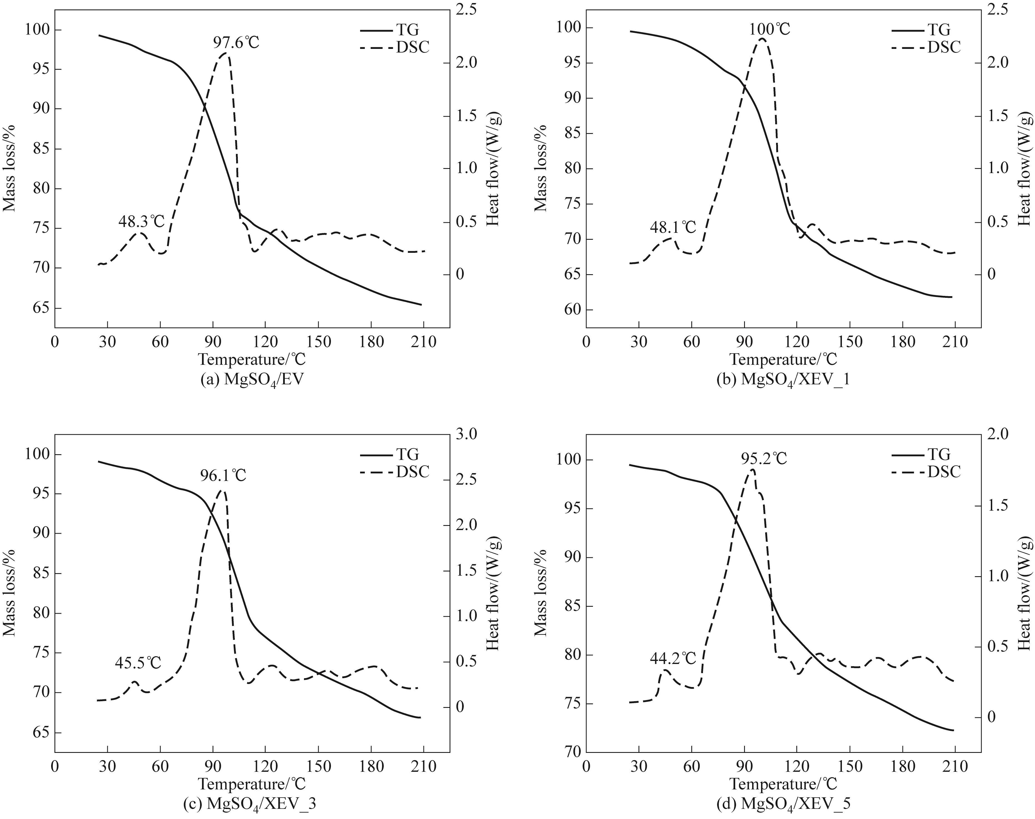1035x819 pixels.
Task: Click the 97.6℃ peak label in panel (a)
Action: (x=236, y=43)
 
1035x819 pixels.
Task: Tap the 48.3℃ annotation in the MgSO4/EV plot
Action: (x=141, y=221)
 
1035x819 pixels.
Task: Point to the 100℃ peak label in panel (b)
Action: (x=770, y=29)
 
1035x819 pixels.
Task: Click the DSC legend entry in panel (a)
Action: (x=412, y=47)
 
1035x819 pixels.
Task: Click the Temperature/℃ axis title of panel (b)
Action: (x=783, y=359)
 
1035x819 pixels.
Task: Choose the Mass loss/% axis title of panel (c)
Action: (x=10, y=593)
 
